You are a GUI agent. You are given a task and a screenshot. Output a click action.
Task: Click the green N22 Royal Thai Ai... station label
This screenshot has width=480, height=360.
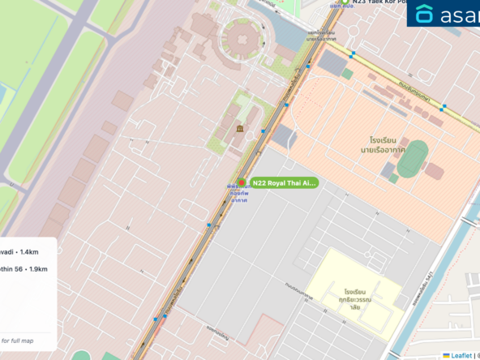click(x=283, y=183)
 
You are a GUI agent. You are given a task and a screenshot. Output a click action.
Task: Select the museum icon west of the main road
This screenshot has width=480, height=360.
click(x=240, y=129)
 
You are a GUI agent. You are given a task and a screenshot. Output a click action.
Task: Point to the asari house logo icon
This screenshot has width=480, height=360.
click(x=425, y=14)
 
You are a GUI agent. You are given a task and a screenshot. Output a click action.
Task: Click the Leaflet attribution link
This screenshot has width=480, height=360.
click(x=462, y=355)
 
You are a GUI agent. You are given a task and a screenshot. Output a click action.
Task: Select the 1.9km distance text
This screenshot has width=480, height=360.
click(x=33, y=268)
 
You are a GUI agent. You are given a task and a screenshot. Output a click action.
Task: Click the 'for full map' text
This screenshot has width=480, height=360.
click(x=17, y=341)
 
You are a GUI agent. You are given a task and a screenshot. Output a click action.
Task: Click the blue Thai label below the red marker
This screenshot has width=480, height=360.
click(x=238, y=194)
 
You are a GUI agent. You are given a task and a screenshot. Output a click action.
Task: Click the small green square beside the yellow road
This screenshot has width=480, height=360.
click(x=347, y=74)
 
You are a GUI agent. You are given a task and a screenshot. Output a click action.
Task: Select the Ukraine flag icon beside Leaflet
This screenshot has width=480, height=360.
click(x=445, y=355)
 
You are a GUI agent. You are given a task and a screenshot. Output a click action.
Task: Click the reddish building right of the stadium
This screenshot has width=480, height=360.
click(x=434, y=170)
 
